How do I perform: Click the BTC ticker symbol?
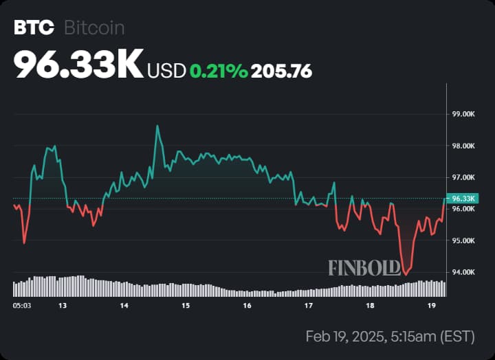[x=34, y=27]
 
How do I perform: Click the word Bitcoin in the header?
[x=94, y=27]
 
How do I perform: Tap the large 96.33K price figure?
[x=78, y=65]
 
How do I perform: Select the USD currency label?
[x=166, y=71]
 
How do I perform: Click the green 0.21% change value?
[x=219, y=71]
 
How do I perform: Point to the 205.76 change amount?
[x=282, y=71]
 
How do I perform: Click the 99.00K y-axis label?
[x=463, y=114]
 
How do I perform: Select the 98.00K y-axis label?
[x=463, y=146]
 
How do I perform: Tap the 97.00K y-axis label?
[x=463, y=178]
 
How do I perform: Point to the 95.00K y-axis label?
[x=463, y=240]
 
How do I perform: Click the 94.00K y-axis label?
[x=463, y=272]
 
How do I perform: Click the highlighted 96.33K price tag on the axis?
[x=463, y=199]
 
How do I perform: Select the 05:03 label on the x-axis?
[x=22, y=306]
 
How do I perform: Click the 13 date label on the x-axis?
[x=63, y=306]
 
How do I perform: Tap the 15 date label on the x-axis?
[x=186, y=306]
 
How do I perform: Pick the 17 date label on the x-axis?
[x=309, y=306]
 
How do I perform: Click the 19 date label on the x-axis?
[x=432, y=306]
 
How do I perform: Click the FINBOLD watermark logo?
[x=364, y=268]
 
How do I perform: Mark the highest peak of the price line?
[x=157, y=126]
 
